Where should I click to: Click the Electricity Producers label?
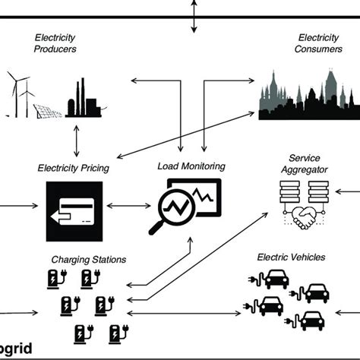point(57,43)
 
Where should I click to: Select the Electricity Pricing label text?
point(74,166)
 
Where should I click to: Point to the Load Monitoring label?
point(191,166)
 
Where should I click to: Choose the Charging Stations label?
point(88,259)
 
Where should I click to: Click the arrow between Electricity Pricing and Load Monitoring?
point(128,205)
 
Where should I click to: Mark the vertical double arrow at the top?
point(194,16)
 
